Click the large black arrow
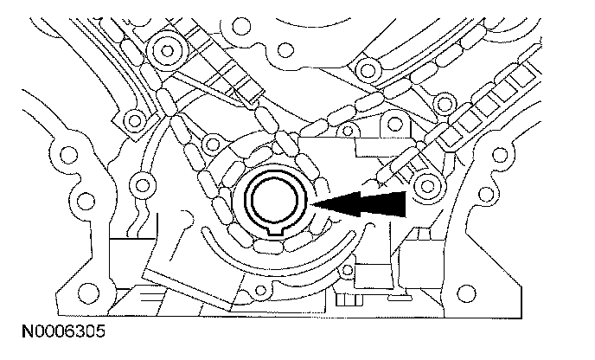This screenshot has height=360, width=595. tap(368, 203)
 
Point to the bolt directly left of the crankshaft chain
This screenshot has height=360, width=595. tap(138, 183)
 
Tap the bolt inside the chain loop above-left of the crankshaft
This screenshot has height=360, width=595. tap(211, 141)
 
